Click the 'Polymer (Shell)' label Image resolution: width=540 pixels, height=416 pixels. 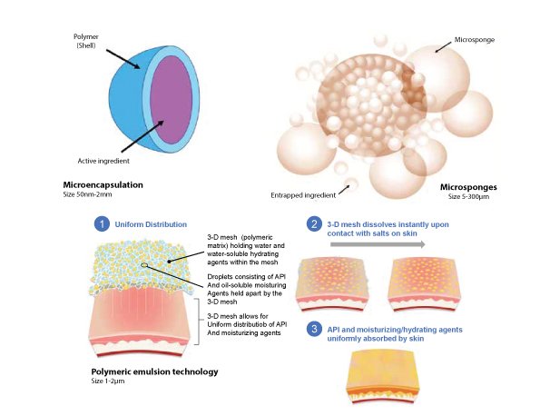86,41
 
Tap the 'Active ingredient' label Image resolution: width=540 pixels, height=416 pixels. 103,161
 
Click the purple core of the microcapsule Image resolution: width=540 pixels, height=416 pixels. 171,100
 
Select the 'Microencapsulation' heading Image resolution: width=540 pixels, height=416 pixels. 103,184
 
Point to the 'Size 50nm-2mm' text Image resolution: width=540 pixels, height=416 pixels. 87,194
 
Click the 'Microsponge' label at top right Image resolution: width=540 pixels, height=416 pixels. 475,40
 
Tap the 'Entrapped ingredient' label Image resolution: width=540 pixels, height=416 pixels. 303,195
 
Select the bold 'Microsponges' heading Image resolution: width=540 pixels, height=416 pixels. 468,187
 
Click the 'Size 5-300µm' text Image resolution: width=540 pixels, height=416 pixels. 468,197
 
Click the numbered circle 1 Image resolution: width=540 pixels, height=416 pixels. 102,224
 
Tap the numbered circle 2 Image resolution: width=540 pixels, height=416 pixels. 314,224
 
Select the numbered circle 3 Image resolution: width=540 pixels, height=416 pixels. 314,329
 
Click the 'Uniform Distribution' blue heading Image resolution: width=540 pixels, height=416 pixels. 151,224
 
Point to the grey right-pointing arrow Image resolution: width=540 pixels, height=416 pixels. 378,244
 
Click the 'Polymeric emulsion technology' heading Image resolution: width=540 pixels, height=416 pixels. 154,371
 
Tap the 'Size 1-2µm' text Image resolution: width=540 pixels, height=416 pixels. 108,381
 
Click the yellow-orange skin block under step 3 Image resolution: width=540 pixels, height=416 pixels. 383,376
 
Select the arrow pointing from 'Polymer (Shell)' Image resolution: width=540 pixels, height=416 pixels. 123,59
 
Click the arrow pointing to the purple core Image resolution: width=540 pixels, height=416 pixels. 142,136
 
